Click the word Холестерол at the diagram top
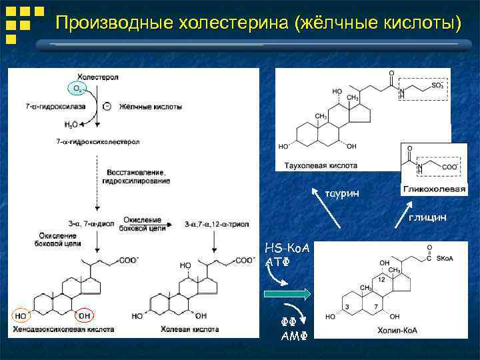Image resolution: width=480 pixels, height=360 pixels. point(98,77)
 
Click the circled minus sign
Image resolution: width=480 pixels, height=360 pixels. point(107,106)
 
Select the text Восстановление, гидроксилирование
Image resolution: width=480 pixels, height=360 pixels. point(136,177)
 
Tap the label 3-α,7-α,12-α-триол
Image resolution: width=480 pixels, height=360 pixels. point(216,224)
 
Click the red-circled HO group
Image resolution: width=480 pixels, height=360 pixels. point(21,315)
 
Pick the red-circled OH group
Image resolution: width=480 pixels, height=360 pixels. point(85,315)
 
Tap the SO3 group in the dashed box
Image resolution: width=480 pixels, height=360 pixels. point(436,85)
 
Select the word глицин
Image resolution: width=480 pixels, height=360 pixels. point(427,217)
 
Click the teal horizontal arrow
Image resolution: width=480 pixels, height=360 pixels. point(287,293)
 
